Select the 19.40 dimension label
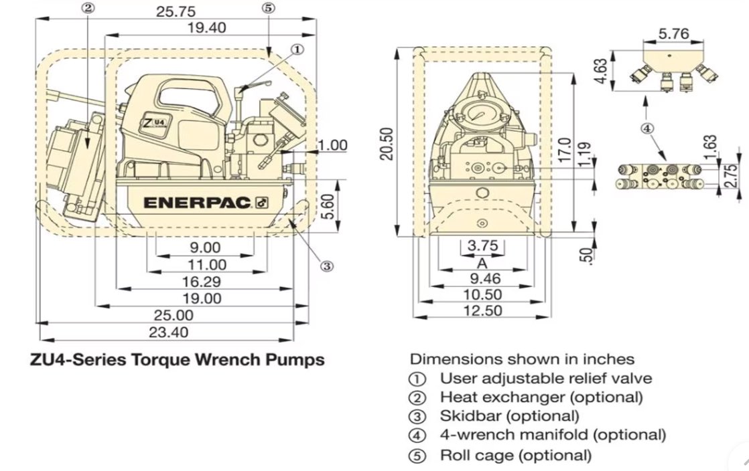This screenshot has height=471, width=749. [x=206, y=27]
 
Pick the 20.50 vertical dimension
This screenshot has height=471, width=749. [x=386, y=144]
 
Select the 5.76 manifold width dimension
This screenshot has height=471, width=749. [x=674, y=33]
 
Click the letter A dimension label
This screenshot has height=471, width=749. [x=480, y=263]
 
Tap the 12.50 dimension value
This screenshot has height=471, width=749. [x=480, y=310]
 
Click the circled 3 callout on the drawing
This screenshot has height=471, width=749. [x=327, y=266]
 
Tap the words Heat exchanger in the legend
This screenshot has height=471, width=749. [x=497, y=397]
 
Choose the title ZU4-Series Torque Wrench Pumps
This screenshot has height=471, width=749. [x=178, y=360]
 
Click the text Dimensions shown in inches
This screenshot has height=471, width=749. [x=522, y=359]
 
